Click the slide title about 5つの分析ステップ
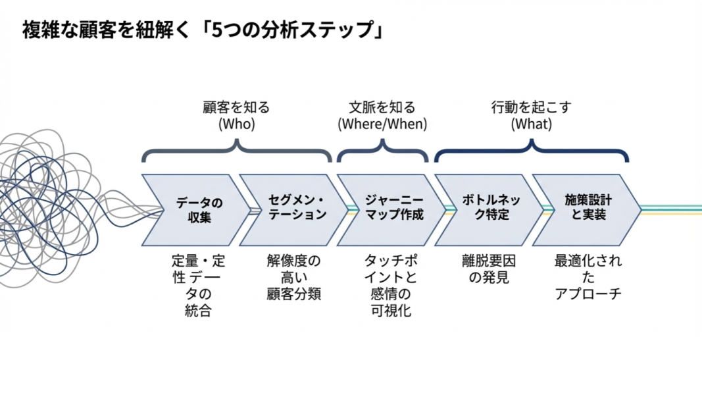click(x=203, y=31)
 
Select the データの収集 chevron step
click(x=193, y=209)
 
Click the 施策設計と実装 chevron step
click(x=585, y=209)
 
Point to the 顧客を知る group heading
click(x=236, y=107)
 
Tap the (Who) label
click(x=236, y=123)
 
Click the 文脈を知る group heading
click(x=382, y=107)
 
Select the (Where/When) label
click(x=382, y=123)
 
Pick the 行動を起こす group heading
click(x=531, y=107)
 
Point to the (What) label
click(x=531, y=123)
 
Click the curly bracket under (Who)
click(x=237, y=151)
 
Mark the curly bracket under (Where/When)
click(x=382, y=151)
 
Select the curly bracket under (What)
click(x=532, y=151)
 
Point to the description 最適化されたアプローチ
click(x=588, y=277)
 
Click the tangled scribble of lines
click(x=59, y=191)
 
